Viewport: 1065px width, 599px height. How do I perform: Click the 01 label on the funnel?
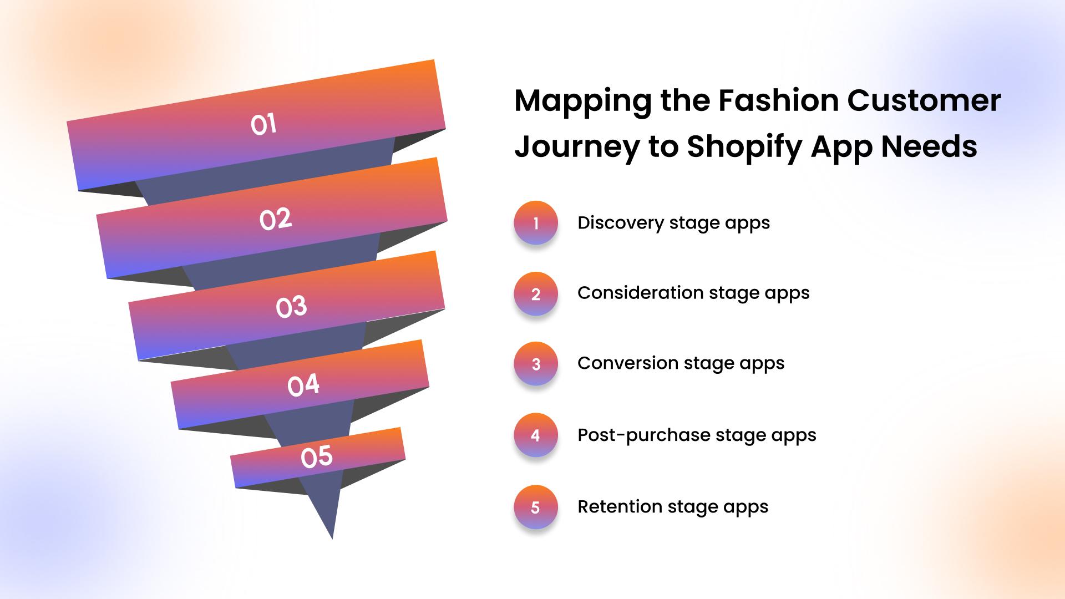[263, 124]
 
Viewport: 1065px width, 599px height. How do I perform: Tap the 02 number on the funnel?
[276, 219]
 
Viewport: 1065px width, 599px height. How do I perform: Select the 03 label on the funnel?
[291, 307]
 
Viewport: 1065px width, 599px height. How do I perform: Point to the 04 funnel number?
[303, 385]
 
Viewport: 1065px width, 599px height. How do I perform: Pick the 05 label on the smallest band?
[317, 457]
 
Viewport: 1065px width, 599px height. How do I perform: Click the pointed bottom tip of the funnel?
[332, 538]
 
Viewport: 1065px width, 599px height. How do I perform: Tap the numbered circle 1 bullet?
[536, 223]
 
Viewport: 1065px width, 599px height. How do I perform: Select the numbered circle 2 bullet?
[536, 294]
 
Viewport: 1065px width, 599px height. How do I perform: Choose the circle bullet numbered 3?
[536, 364]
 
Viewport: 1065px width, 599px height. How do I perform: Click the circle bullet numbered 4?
[536, 435]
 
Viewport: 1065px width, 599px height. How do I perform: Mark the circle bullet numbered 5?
[536, 507]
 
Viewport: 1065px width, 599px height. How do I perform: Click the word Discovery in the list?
[621, 224]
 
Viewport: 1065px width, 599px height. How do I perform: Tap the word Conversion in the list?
[628, 363]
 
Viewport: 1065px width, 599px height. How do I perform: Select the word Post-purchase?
[644, 435]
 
